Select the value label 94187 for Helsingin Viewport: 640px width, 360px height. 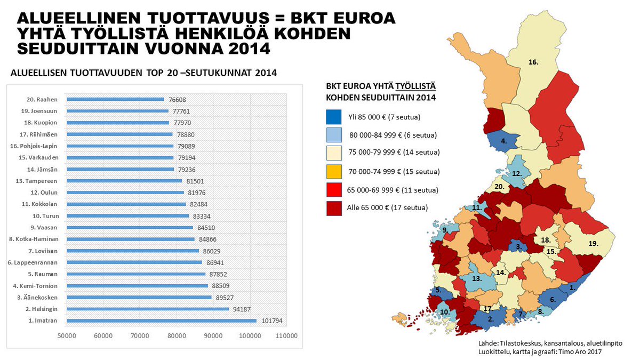point(243,309)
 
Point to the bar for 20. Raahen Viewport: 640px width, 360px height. point(115,99)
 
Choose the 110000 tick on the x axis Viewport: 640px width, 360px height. point(286,336)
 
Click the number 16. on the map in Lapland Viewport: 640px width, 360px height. point(533,62)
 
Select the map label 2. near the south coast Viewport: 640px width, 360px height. point(490,319)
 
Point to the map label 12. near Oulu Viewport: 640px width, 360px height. point(516,174)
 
